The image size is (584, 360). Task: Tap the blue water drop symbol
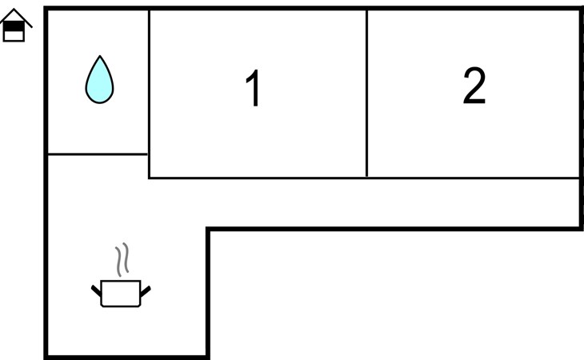tap(99, 80)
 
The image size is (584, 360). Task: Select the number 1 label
tap(253, 89)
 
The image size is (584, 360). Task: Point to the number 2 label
tap(474, 86)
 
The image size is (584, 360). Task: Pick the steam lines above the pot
tap(122, 260)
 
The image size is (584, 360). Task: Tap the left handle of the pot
tap(96, 288)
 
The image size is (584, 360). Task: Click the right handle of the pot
tap(146, 288)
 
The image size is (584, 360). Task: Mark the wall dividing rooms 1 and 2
tap(366, 92)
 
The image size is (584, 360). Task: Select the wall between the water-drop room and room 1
tap(149, 80)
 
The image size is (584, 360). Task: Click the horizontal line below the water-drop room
tap(98, 154)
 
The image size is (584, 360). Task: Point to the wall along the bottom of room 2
tap(472, 178)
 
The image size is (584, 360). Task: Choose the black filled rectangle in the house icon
tap(14, 26)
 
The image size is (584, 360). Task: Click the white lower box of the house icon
tap(14, 36)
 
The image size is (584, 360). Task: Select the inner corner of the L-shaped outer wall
tap(208, 230)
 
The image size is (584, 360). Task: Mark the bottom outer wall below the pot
tap(126, 356)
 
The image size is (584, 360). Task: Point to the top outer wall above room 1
tap(256, 9)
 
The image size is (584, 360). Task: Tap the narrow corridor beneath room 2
tap(392, 203)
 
